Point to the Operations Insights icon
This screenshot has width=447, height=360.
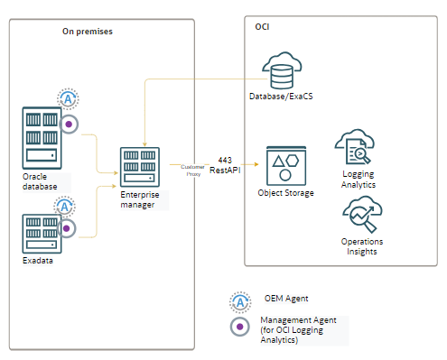(x=361, y=217)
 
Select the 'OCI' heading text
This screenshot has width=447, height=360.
(x=262, y=27)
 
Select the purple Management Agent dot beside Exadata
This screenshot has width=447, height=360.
(x=67, y=229)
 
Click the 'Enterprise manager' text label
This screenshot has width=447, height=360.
(x=139, y=198)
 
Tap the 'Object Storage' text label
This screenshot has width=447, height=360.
(x=287, y=193)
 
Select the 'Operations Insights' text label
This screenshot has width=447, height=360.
(x=361, y=246)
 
